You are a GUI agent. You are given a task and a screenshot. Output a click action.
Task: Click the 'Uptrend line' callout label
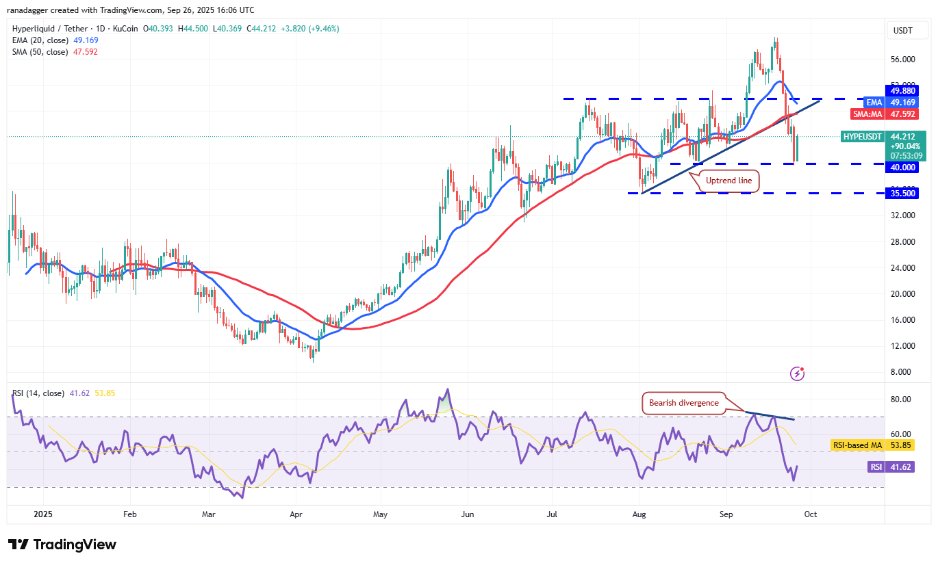click(729, 181)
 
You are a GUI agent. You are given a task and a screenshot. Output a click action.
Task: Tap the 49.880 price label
click(902, 90)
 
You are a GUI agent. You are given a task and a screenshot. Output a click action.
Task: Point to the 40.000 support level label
click(902, 168)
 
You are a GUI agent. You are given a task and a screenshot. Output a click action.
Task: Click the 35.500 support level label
click(902, 194)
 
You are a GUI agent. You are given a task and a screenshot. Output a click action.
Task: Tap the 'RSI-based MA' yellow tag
click(857, 445)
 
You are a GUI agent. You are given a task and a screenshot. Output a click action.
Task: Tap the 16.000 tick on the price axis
click(903, 320)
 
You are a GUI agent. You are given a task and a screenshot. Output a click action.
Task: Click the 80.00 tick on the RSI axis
click(900, 399)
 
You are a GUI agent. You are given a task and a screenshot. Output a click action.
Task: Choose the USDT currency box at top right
click(903, 30)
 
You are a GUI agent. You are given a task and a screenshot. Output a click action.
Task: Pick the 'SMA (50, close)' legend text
click(40, 52)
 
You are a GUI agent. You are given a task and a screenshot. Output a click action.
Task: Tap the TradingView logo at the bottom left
click(62, 544)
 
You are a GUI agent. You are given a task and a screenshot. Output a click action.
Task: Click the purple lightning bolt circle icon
click(797, 373)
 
